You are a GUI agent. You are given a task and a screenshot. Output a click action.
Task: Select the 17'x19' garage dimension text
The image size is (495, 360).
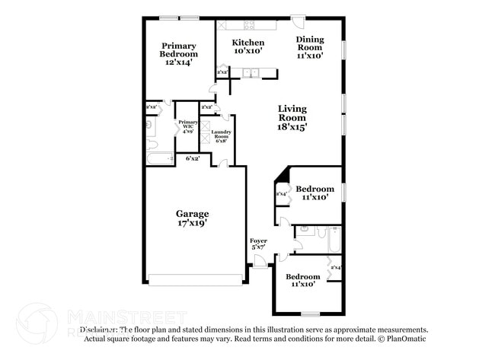[x=192, y=224]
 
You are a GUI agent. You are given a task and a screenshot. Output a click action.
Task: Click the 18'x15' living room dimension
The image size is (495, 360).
[x=292, y=128]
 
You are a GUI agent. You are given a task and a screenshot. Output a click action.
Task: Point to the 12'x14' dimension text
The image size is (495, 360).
[x=178, y=63]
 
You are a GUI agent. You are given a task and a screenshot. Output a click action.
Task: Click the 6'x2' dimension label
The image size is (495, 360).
[x=193, y=158]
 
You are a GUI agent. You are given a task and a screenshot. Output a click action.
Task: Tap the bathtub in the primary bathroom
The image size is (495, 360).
[x=160, y=158]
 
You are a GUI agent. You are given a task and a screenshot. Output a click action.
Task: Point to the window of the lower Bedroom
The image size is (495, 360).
[x=310, y=313]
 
